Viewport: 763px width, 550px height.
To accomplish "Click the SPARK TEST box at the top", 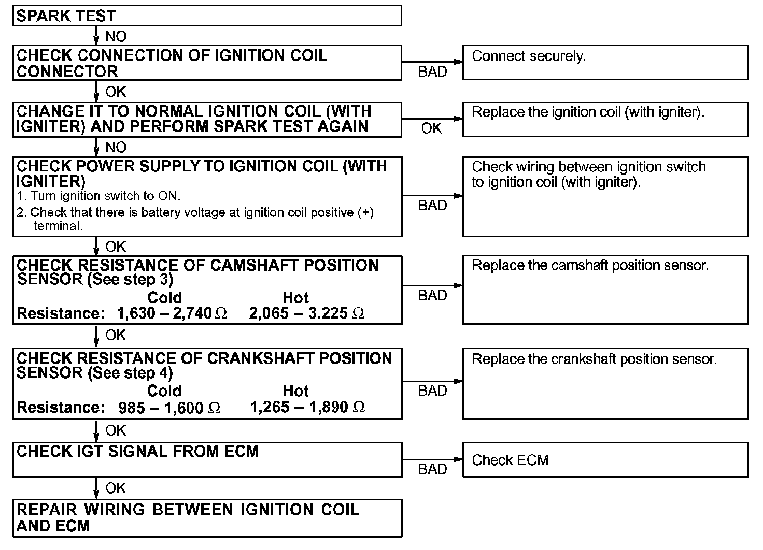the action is pos(207,16).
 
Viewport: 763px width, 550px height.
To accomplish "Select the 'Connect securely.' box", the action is pos(605,62).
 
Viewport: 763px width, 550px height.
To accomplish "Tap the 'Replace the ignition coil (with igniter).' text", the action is pos(588,112).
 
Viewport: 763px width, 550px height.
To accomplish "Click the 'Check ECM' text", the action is pos(510,460).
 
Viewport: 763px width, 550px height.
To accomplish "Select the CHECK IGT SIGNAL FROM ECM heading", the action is pos(138,452).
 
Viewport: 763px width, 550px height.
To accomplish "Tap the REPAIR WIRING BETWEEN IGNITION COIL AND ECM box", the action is pos(207,518).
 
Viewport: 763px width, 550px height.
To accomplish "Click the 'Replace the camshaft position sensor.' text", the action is pos(590,266).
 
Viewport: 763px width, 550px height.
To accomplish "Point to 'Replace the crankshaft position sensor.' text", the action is pos(594,359).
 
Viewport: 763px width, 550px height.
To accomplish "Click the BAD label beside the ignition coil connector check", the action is pos(432,72).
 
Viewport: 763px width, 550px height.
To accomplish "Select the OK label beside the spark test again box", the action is pos(431,128).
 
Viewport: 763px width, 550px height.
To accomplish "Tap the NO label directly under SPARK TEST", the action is pos(116,36).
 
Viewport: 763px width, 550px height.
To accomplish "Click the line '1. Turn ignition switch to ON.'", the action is pos(98,196).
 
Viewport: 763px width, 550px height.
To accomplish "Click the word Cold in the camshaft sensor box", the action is pos(165,298).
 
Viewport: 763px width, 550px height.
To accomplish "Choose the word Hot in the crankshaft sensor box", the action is pos(296,391).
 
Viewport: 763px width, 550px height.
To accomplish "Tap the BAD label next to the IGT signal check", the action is pos(432,469).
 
